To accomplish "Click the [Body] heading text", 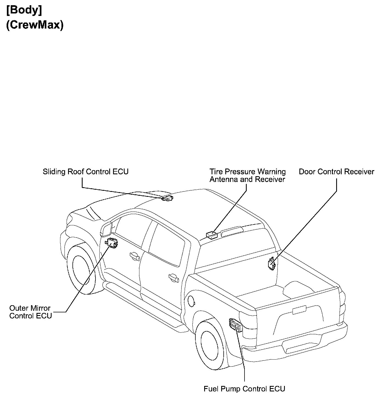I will click(24, 10).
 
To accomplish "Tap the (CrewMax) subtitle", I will click(35, 25).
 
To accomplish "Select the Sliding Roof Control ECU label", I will click(85, 172).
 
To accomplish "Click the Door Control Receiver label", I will click(336, 172).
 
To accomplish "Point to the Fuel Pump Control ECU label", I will click(244, 389).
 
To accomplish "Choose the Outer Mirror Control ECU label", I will click(30, 312).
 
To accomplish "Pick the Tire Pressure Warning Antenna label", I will click(247, 176).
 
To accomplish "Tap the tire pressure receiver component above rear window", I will click(212, 235).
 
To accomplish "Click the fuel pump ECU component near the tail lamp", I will click(236, 326).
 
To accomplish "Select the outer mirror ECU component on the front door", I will click(112, 242).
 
